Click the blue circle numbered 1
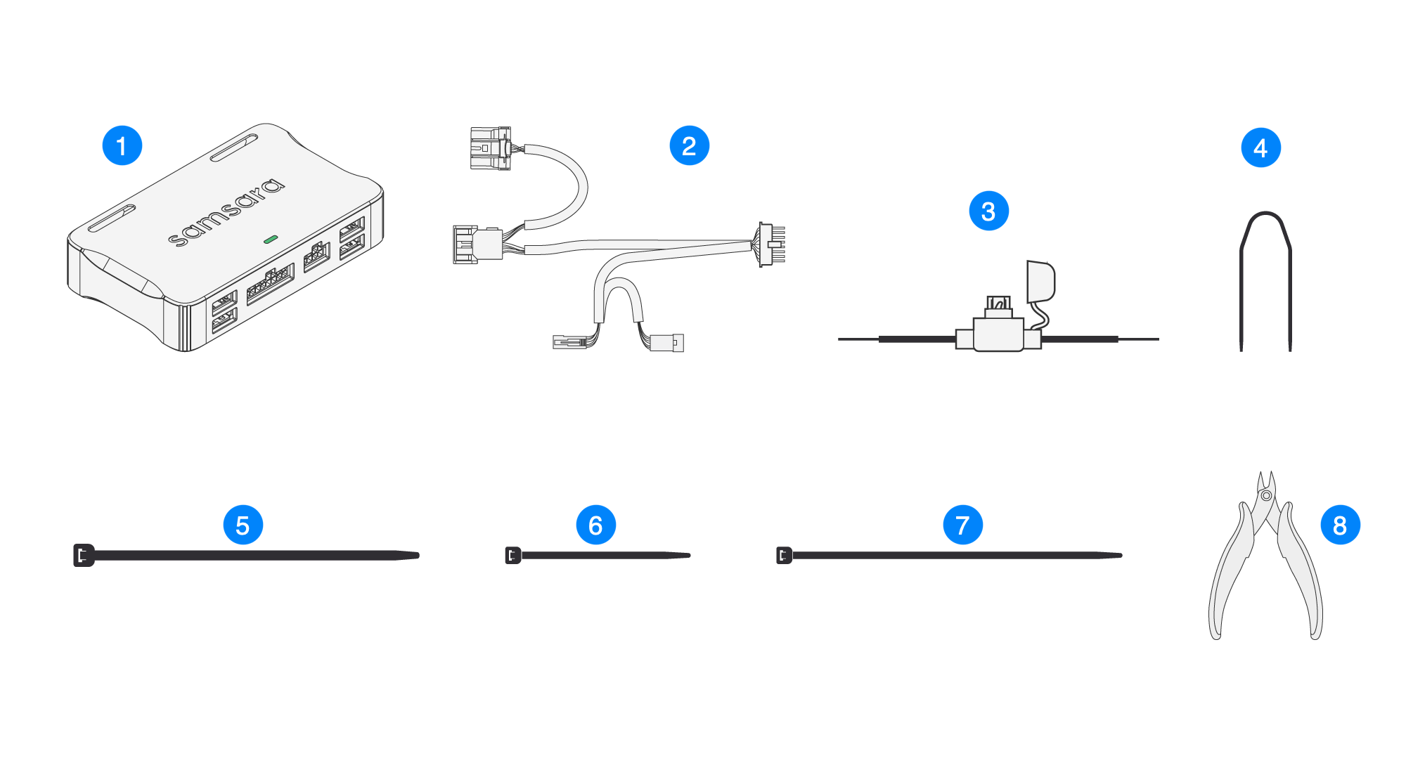coord(122,146)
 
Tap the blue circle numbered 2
coord(689,146)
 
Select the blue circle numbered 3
coord(988,211)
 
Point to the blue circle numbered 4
coord(1260,148)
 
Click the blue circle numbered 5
coord(243,525)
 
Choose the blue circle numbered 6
coord(595,525)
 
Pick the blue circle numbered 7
coord(962,525)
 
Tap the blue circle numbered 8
coord(1340,525)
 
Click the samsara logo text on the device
coord(226,212)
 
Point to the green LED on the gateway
coord(270,239)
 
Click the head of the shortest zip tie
coord(513,555)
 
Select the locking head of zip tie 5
coord(84,555)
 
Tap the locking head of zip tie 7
coord(784,555)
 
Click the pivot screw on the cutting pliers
coord(1266,496)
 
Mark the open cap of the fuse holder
coord(1040,280)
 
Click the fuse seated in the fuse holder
coord(998,304)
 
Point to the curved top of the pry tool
coord(1265,218)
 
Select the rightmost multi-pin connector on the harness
coord(771,244)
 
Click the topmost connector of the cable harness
coord(491,148)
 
